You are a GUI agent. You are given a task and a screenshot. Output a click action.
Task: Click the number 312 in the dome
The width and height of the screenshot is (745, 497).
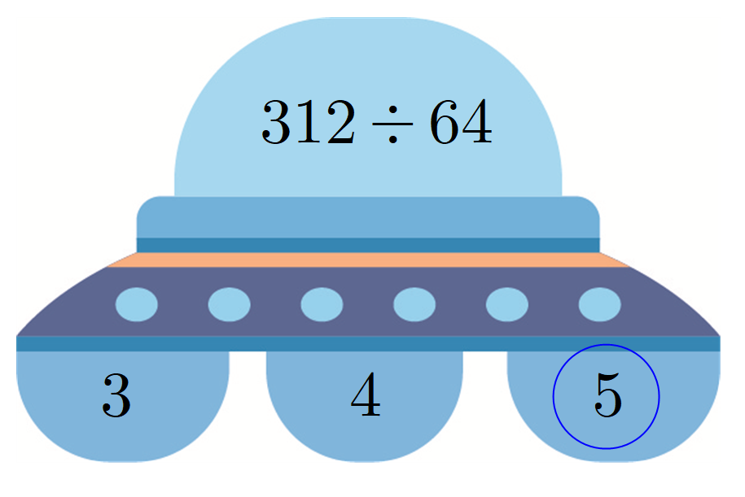308,124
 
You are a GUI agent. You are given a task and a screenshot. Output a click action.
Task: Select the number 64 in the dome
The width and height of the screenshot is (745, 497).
460,124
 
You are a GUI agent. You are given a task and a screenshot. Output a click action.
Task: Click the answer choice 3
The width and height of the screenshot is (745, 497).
116,397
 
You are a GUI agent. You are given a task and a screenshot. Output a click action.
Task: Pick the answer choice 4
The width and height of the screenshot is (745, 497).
366,397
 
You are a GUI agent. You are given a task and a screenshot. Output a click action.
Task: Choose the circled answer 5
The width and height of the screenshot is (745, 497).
607,397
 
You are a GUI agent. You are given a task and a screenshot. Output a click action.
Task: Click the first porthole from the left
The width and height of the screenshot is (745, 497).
137,304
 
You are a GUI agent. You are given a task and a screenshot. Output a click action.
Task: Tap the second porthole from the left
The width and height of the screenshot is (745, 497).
229,304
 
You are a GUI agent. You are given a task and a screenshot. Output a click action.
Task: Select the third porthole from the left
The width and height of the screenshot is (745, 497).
322,304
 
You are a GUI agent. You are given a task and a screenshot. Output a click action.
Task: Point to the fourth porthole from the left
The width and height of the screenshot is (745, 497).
414,304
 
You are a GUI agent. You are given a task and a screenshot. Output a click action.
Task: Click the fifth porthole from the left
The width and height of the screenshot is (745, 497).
506,304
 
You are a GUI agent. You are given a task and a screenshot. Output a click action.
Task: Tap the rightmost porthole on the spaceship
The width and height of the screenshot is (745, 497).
599,304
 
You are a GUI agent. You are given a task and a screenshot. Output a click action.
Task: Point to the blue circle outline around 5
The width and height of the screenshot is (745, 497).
554,397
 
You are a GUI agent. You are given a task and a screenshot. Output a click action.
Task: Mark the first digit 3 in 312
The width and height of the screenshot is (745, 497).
277,124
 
